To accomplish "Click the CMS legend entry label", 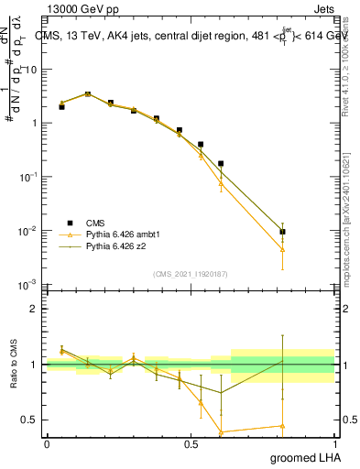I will click(x=95, y=223).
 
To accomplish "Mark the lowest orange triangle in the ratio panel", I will click(x=221, y=431).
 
